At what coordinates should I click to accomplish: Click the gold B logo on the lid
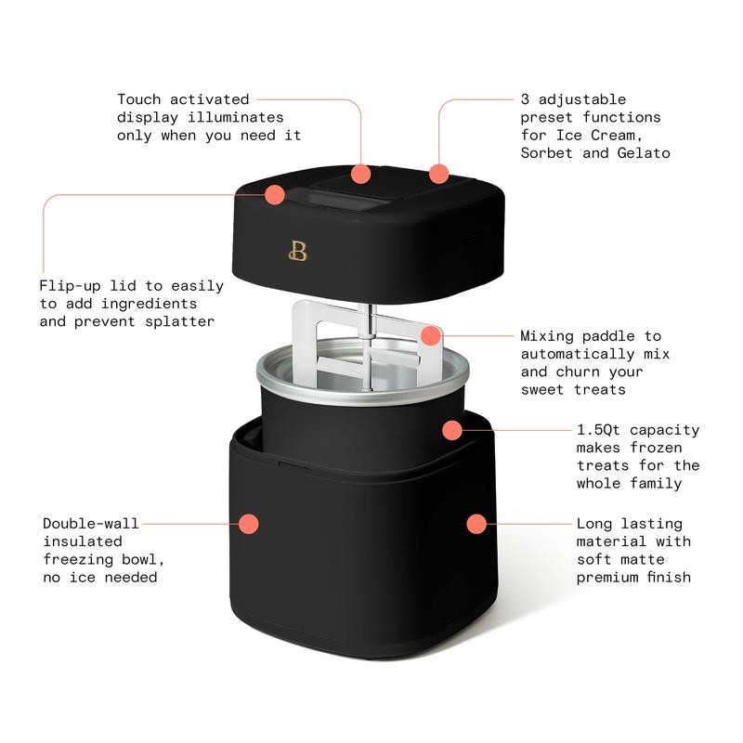click(x=298, y=250)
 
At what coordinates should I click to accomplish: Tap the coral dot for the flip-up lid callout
click(x=274, y=195)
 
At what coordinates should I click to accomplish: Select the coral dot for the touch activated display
click(x=361, y=173)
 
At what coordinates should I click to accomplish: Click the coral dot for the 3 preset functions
click(x=438, y=173)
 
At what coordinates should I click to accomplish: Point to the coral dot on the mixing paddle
click(x=429, y=335)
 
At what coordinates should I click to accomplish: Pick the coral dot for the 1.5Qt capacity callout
click(x=452, y=430)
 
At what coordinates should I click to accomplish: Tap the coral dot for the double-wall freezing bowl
click(x=248, y=524)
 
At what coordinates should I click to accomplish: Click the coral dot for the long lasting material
click(x=476, y=524)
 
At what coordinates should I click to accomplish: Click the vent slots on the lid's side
click(x=475, y=240)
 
